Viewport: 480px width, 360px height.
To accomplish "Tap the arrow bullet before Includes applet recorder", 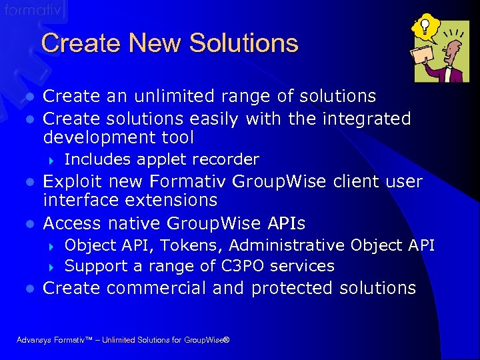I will [53, 160].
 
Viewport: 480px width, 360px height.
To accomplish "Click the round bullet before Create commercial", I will [29, 289].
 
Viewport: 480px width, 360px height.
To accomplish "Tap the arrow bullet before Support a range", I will [53, 267].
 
